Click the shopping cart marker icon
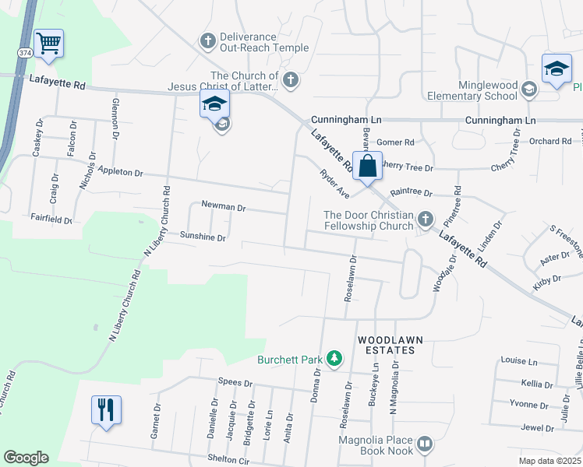coord(48,43)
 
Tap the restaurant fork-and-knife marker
coord(106,409)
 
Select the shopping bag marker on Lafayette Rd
coord(367,166)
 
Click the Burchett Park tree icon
coord(334,358)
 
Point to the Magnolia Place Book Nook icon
coord(424,444)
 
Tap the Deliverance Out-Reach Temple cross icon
coord(207,40)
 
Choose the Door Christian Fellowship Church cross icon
coord(425,219)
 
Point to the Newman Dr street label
coord(223,208)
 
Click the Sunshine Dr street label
coord(203,236)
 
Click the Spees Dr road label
coord(235,383)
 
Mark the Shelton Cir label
coord(228,458)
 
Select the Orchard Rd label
coord(550,141)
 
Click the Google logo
coord(26,458)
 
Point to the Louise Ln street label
coord(519,361)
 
